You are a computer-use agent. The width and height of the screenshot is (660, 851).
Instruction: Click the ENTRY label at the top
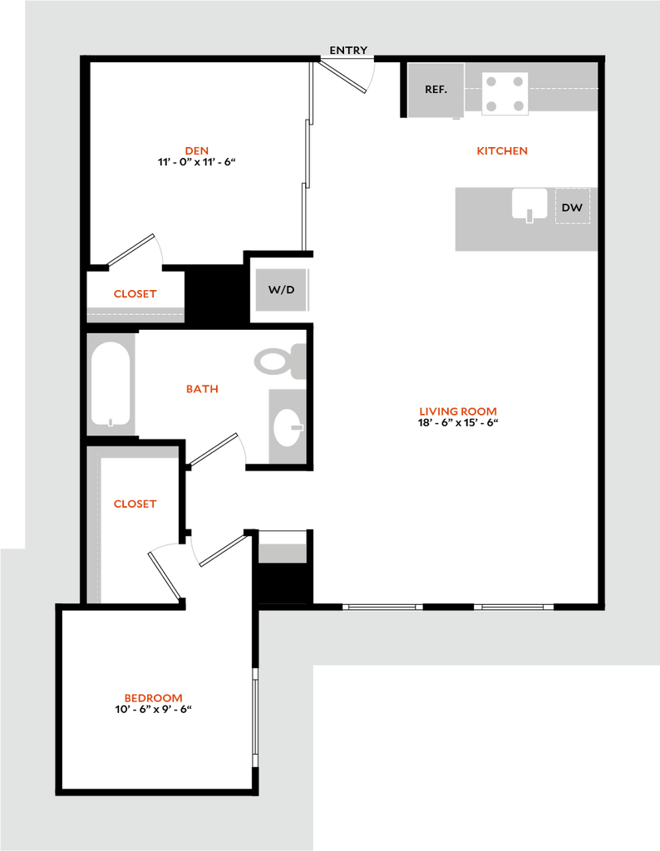pos(348,50)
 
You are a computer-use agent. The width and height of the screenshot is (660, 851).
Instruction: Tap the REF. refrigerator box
pos(436,90)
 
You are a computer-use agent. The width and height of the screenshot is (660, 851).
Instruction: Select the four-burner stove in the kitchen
pos(505,93)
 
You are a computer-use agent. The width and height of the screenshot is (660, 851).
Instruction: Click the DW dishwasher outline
pos(572,206)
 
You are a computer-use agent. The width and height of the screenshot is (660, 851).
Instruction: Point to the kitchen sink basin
pos(529,204)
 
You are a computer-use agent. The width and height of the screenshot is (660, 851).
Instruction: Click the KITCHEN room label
pos(502,151)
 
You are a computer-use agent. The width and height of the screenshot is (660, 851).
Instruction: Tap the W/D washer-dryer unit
pos(282,290)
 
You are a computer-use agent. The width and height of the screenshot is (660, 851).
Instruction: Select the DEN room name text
pos(197,150)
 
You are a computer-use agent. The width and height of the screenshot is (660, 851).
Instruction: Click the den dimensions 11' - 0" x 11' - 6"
pos(197,162)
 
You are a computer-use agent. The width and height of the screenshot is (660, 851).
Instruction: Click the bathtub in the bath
pos(111,384)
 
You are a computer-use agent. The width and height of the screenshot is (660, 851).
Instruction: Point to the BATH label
pos(203,389)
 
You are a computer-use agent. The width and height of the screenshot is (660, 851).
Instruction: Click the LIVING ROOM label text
pos(458,411)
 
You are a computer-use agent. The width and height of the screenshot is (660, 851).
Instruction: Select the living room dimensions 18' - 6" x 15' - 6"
pos(458,423)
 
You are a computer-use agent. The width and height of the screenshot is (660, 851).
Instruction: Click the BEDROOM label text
pos(154,698)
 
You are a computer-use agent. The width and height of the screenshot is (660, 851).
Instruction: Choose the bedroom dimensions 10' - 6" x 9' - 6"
pos(154,710)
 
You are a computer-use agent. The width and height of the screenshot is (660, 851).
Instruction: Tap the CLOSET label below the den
pos(135,293)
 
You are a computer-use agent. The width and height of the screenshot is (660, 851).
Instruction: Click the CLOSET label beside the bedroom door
pos(135,504)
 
